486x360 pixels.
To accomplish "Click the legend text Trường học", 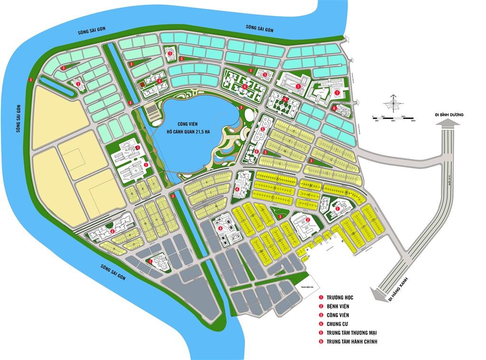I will coord(340,297).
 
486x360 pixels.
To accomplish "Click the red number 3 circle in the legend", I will coord(321,315).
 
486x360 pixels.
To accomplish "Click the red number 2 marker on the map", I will coord(308,220).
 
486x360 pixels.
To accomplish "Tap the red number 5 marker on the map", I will coord(263,129).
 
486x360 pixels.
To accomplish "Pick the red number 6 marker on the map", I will coord(335,108).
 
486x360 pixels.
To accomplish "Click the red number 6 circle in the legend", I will coord(321,341).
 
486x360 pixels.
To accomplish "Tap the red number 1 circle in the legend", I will coord(321,297).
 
